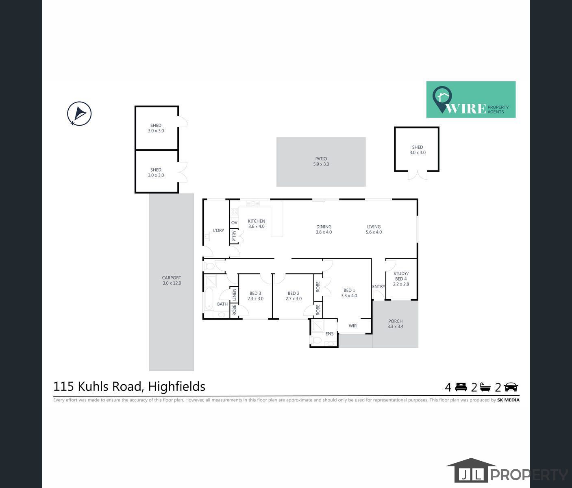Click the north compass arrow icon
pos(79,113)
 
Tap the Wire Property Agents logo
pos(471,100)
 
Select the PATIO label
pos(321,161)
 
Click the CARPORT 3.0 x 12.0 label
pos(172,281)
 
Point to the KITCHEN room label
pos(257,224)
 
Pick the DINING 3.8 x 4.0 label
pos(324,229)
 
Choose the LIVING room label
pos(374,229)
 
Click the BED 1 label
pos(349,293)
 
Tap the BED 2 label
pos(294,296)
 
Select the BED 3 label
pos(255,296)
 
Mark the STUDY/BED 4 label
pos(401,279)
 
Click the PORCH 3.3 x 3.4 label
pos(395,324)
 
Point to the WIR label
pos(352,326)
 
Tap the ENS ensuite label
pos(329,334)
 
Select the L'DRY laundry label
pos(218,231)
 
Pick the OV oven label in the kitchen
pos(234,222)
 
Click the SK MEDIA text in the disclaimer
pos(508,400)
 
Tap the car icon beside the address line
pos(511,387)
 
